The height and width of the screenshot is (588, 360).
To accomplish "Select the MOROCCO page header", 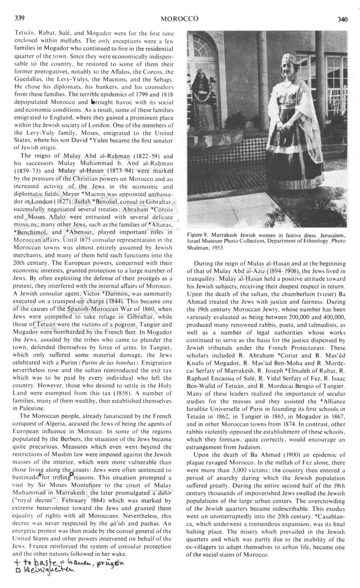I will pos(179,19).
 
